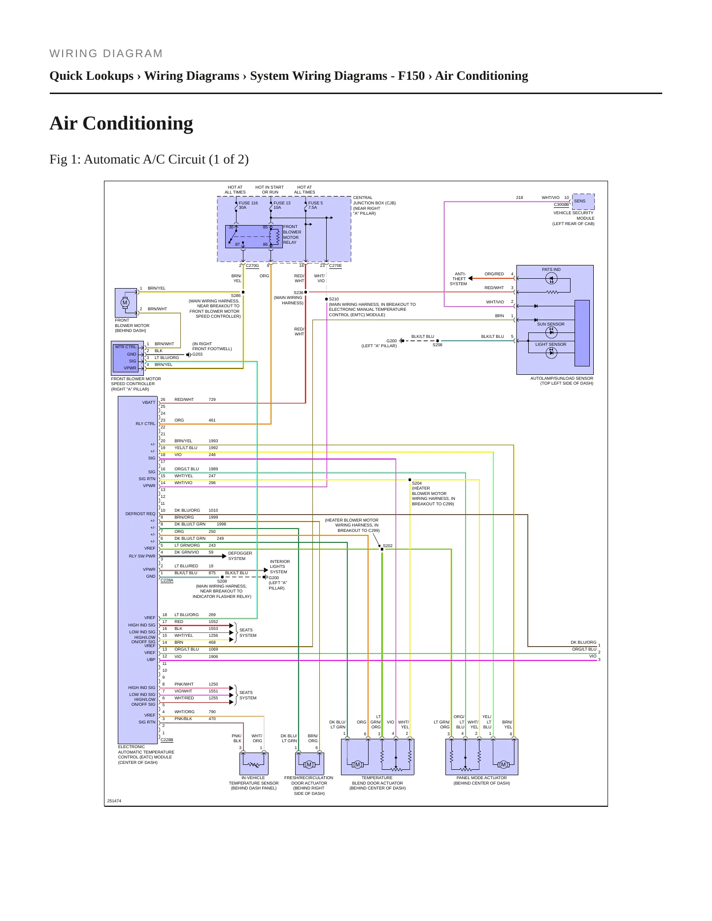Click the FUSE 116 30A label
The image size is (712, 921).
coord(248,205)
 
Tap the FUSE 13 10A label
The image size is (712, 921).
coord(282,205)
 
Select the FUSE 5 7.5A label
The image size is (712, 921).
coord(315,205)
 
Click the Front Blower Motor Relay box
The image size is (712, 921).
coord(254,236)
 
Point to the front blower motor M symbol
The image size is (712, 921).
coord(125,302)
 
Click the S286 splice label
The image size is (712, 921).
coord(236,296)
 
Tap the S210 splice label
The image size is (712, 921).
coord(334,299)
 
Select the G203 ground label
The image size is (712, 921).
coord(197,354)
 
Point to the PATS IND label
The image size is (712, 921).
coord(551,269)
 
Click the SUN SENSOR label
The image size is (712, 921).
coord(551,324)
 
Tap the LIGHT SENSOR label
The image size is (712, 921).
coord(551,344)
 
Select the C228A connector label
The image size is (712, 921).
coord(167,580)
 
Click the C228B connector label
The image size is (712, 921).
coord(167,740)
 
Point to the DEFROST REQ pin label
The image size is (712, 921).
coord(140,514)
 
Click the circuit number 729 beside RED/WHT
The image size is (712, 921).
coord(212,399)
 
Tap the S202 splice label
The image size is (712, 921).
coord(388,546)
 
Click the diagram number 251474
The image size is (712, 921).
coord(114,801)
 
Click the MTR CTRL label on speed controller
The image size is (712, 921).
coord(126,347)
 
